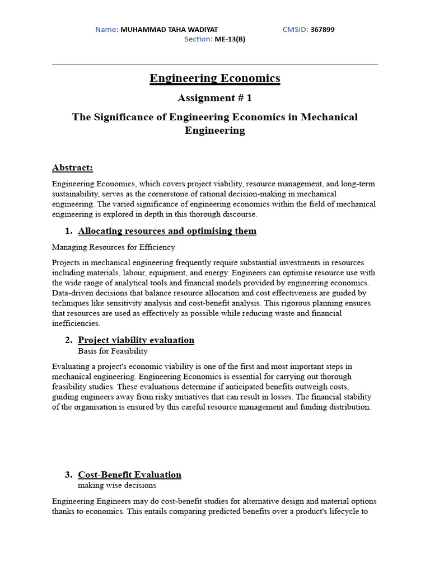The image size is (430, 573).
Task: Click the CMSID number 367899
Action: (x=322, y=29)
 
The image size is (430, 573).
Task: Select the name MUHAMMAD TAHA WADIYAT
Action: (x=169, y=29)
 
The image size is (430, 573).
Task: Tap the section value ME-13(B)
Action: (x=230, y=39)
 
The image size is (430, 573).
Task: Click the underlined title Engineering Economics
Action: (x=214, y=78)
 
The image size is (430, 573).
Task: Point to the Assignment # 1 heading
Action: (x=214, y=98)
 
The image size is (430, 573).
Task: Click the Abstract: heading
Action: (x=72, y=167)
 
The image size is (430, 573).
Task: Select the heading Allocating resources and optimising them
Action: (x=167, y=231)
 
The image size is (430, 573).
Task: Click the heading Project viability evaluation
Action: (x=136, y=340)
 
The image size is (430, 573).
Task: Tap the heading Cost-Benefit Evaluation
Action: (x=129, y=475)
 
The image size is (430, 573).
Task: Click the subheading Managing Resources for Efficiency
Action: (x=113, y=247)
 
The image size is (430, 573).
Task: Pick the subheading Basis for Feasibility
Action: (x=113, y=351)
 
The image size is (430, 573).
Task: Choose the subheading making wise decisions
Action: (x=117, y=485)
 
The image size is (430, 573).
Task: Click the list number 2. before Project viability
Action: (x=69, y=340)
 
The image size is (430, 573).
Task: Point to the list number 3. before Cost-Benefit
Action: (x=69, y=475)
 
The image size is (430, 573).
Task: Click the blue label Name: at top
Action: (x=106, y=29)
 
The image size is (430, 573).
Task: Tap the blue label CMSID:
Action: (x=295, y=29)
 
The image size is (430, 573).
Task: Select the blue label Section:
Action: (x=198, y=39)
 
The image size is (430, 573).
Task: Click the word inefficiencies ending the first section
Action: (x=76, y=323)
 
